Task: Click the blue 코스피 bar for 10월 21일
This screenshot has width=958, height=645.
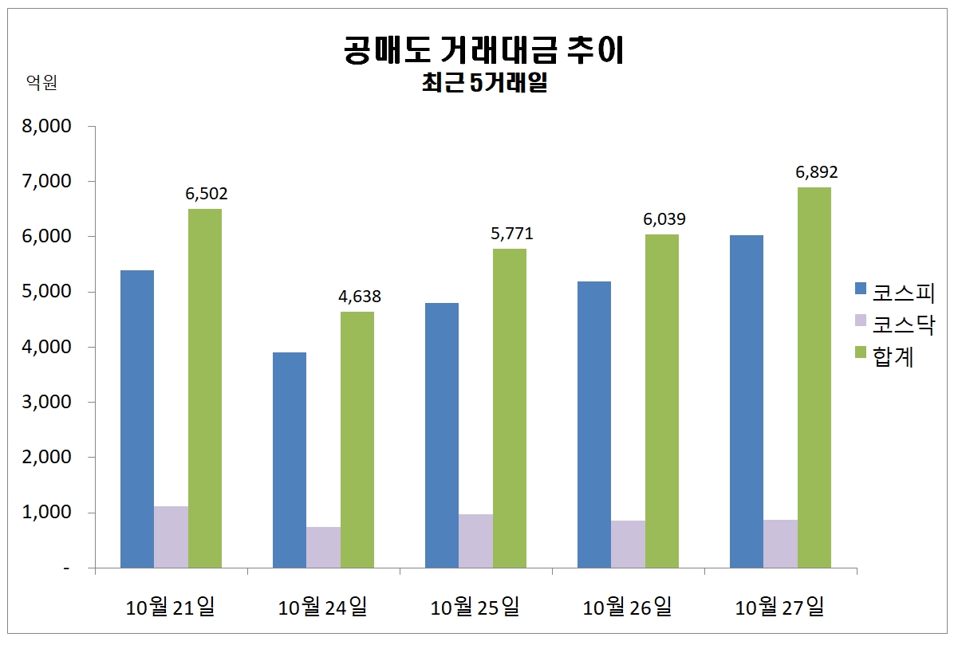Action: tap(136, 419)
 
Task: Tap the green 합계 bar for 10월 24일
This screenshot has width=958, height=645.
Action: tap(357, 439)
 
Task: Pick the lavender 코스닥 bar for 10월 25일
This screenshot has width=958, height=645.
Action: tap(475, 541)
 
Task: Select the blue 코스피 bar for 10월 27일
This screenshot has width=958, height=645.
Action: tap(747, 401)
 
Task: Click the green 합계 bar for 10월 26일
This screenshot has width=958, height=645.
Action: tap(662, 401)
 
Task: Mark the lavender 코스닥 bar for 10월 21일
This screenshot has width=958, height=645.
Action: tap(171, 537)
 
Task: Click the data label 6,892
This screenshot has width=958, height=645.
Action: tap(816, 172)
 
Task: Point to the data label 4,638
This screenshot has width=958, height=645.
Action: tap(359, 297)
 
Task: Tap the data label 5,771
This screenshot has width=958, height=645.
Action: tap(511, 234)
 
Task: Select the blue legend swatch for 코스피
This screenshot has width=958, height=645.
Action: tap(860, 289)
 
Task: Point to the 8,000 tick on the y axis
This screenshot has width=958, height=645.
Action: tap(49, 126)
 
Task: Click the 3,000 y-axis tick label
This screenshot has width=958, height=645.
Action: tap(49, 402)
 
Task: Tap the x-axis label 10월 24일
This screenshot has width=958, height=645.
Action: tap(323, 608)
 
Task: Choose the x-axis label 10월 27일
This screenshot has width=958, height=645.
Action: tap(780, 608)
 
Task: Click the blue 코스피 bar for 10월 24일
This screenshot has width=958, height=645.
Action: tap(289, 460)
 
